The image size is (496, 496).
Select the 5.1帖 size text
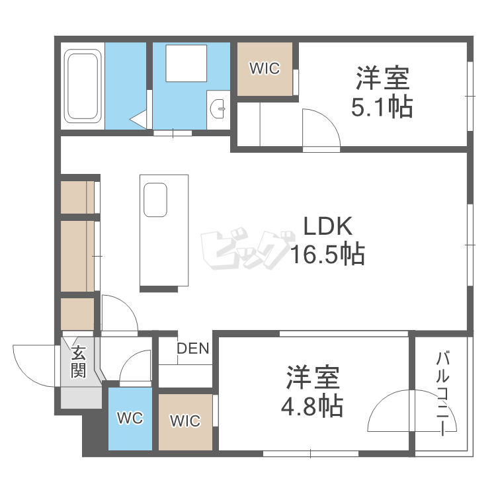(382, 106)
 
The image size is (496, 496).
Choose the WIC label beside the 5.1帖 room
(265, 68)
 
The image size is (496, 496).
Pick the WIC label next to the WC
(185, 421)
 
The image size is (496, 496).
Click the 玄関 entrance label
(79, 360)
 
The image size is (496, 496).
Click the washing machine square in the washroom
(186, 63)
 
